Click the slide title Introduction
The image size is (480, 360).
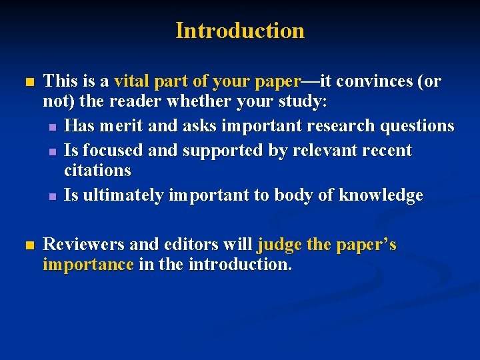point(240,31)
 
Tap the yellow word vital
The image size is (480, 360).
point(132,81)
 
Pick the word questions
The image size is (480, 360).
point(414,125)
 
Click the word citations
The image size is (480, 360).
point(97,171)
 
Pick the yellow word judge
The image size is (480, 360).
point(279,245)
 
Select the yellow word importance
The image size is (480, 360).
point(88,265)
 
